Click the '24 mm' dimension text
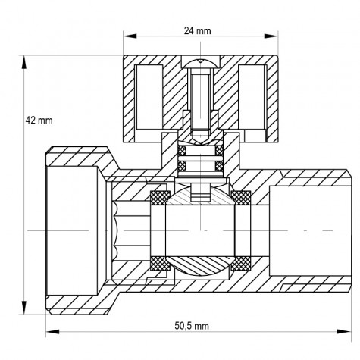click(198, 31)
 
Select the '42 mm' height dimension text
click(39, 120)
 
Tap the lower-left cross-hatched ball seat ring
click(159, 263)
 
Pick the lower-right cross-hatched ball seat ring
click(241, 263)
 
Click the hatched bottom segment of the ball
click(200, 267)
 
